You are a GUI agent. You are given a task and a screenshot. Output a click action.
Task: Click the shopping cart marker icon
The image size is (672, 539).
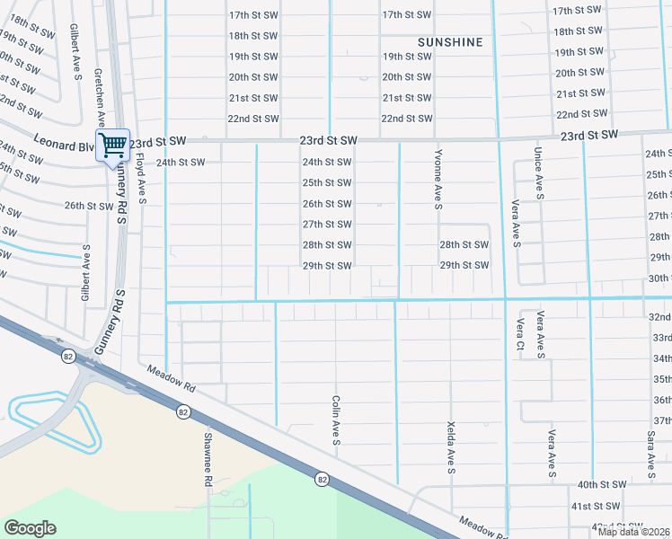coord(112,145)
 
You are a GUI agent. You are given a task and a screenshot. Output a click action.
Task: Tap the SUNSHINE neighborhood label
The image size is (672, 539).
coord(450,42)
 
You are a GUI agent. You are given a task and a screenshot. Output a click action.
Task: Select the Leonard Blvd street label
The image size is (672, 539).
coord(64,142)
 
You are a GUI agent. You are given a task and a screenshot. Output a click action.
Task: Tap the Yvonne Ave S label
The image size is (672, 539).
coord(438,180)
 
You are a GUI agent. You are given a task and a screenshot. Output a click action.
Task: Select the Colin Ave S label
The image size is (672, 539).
coord(335,420)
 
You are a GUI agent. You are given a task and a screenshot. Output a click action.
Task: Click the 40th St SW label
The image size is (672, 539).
coord(600,484)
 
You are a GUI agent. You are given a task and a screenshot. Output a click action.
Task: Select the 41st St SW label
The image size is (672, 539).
coord(596,507)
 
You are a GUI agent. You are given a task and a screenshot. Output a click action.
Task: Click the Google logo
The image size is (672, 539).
coord(30,528)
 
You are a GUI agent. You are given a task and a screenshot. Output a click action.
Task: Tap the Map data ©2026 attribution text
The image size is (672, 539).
coord(634,532)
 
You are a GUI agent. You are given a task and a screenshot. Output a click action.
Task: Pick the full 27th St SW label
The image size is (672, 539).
coord(326,225)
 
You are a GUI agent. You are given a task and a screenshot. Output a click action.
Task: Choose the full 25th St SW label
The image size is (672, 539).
coord(326,182)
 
